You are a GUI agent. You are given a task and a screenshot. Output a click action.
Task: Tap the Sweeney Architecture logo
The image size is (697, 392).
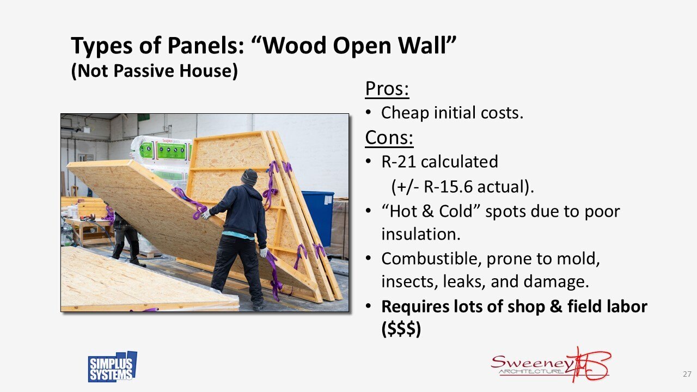tap(550, 364)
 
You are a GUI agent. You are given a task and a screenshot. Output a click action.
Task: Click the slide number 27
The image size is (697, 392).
tap(687, 375)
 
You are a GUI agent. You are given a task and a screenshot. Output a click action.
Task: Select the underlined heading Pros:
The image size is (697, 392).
tap(387, 88)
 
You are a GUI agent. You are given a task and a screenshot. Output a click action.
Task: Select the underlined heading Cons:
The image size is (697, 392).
tap(389, 138)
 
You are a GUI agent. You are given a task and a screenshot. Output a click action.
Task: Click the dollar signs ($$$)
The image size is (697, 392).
tap(401, 330)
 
